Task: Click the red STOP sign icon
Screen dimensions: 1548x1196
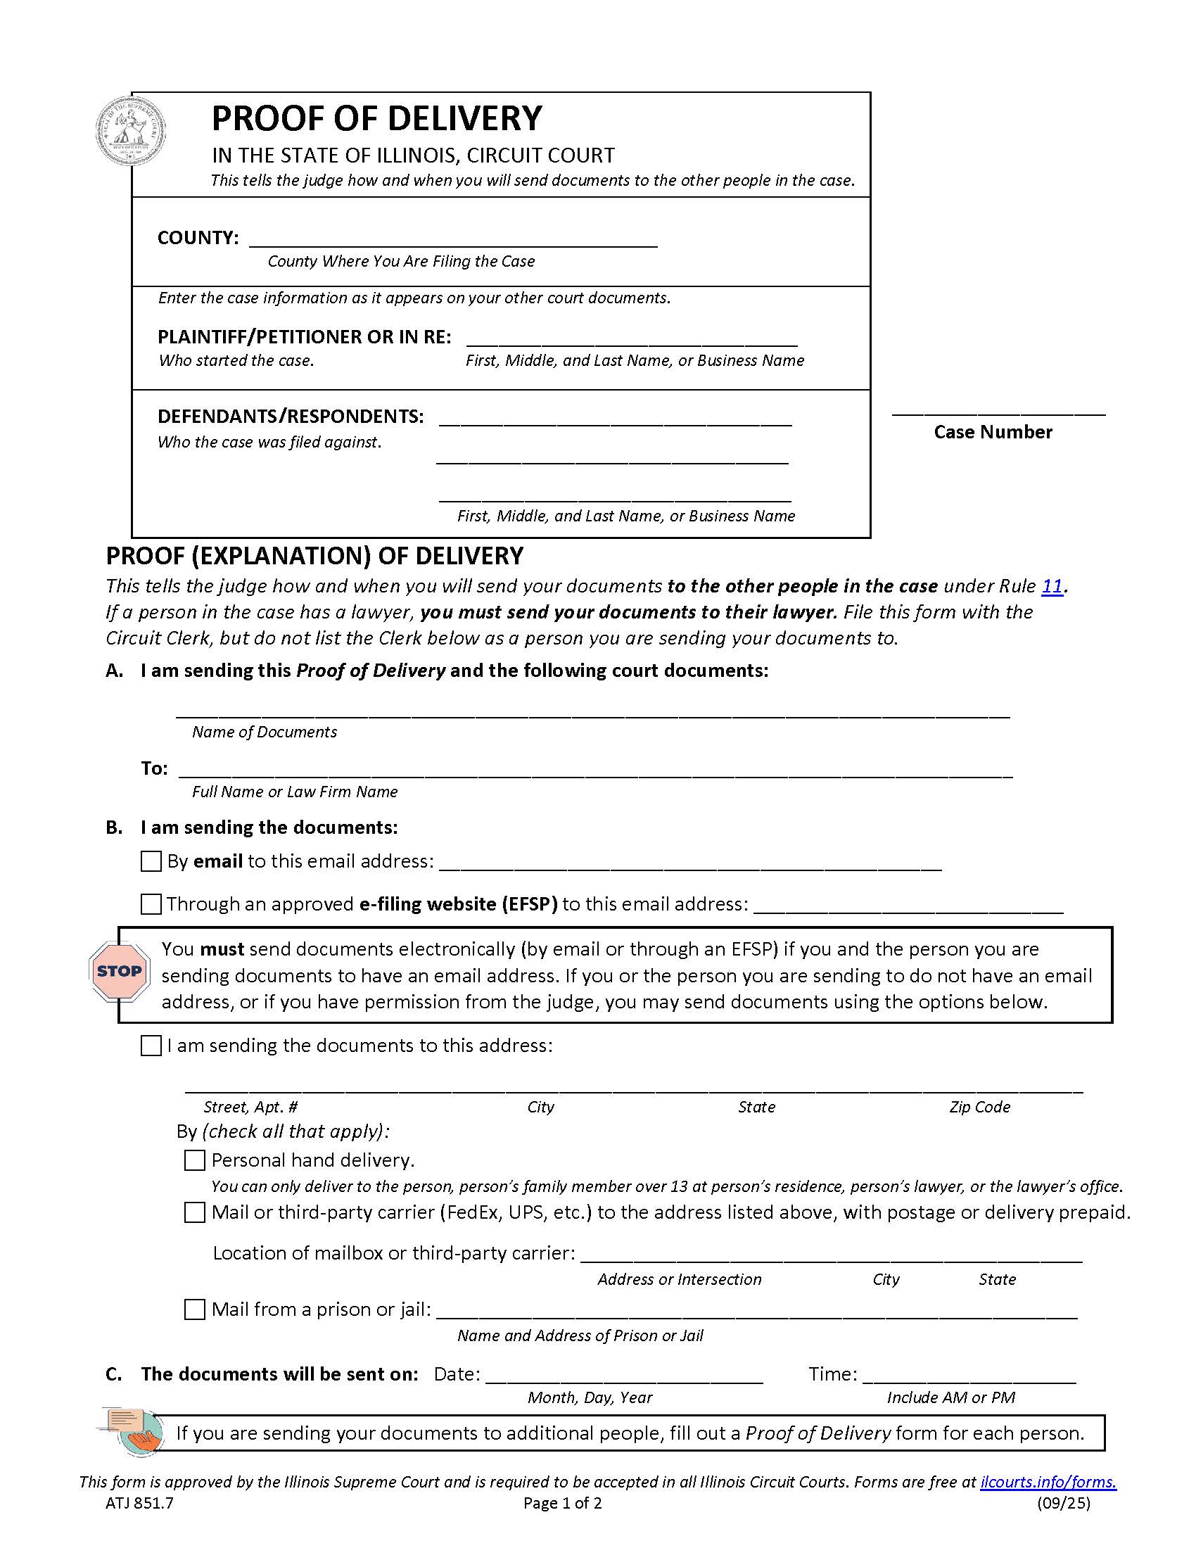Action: tap(119, 971)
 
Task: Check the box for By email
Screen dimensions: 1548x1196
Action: tap(151, 861)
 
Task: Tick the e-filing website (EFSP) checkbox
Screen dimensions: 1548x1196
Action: tap(151, 904)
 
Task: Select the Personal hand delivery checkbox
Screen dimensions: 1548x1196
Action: tap(194, 1160)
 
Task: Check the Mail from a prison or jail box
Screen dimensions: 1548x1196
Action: tap(194, 1309)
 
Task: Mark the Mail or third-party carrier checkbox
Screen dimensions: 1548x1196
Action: tap(194, 1212)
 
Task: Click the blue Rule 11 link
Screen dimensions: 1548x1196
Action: tap(1052, 586)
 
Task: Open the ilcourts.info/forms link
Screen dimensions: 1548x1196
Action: tap(1048, 1481)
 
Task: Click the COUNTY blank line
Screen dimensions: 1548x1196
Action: tap(454, 239)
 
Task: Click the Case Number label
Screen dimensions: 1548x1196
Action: tap(993, 431)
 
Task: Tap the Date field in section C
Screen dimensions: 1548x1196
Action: tap(623, 1374)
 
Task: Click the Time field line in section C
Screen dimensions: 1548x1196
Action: tap(969, 1374)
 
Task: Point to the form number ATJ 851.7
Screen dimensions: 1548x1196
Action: tap(139, 1504)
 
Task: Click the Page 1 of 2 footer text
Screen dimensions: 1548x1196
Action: tap(562, 1504)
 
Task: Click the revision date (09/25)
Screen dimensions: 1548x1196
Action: tap(1064, 1504)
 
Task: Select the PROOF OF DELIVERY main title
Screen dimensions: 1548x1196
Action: tap(377, 118)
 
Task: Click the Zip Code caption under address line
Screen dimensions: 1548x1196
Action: tap(979, 1107)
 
